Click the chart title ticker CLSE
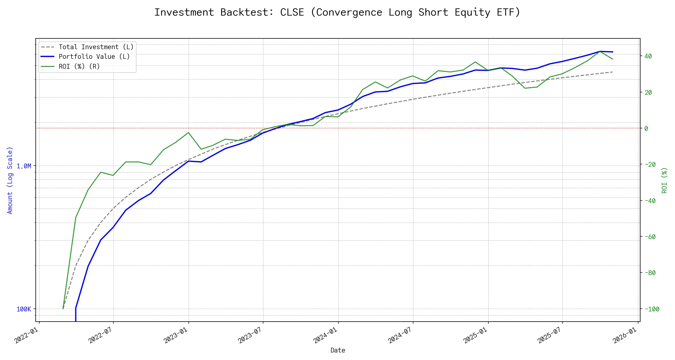tap(292, 12)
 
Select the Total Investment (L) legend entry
tap(96, 47)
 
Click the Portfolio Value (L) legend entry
tap(94, 57)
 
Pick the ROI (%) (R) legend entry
tap(79, 66)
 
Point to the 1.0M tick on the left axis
tap(24, 166)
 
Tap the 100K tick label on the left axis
tap(24, 309)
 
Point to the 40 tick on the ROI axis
tap(648, 56)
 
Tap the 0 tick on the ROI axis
tap(646, 128)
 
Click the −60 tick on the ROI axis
tap(650, 237)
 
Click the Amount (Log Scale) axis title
tap(10, 180)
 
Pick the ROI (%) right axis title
tap(664, 180)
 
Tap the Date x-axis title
tap(338, 350)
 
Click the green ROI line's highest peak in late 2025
tap(600, 51)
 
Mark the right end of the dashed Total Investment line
tap(612, 72)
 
